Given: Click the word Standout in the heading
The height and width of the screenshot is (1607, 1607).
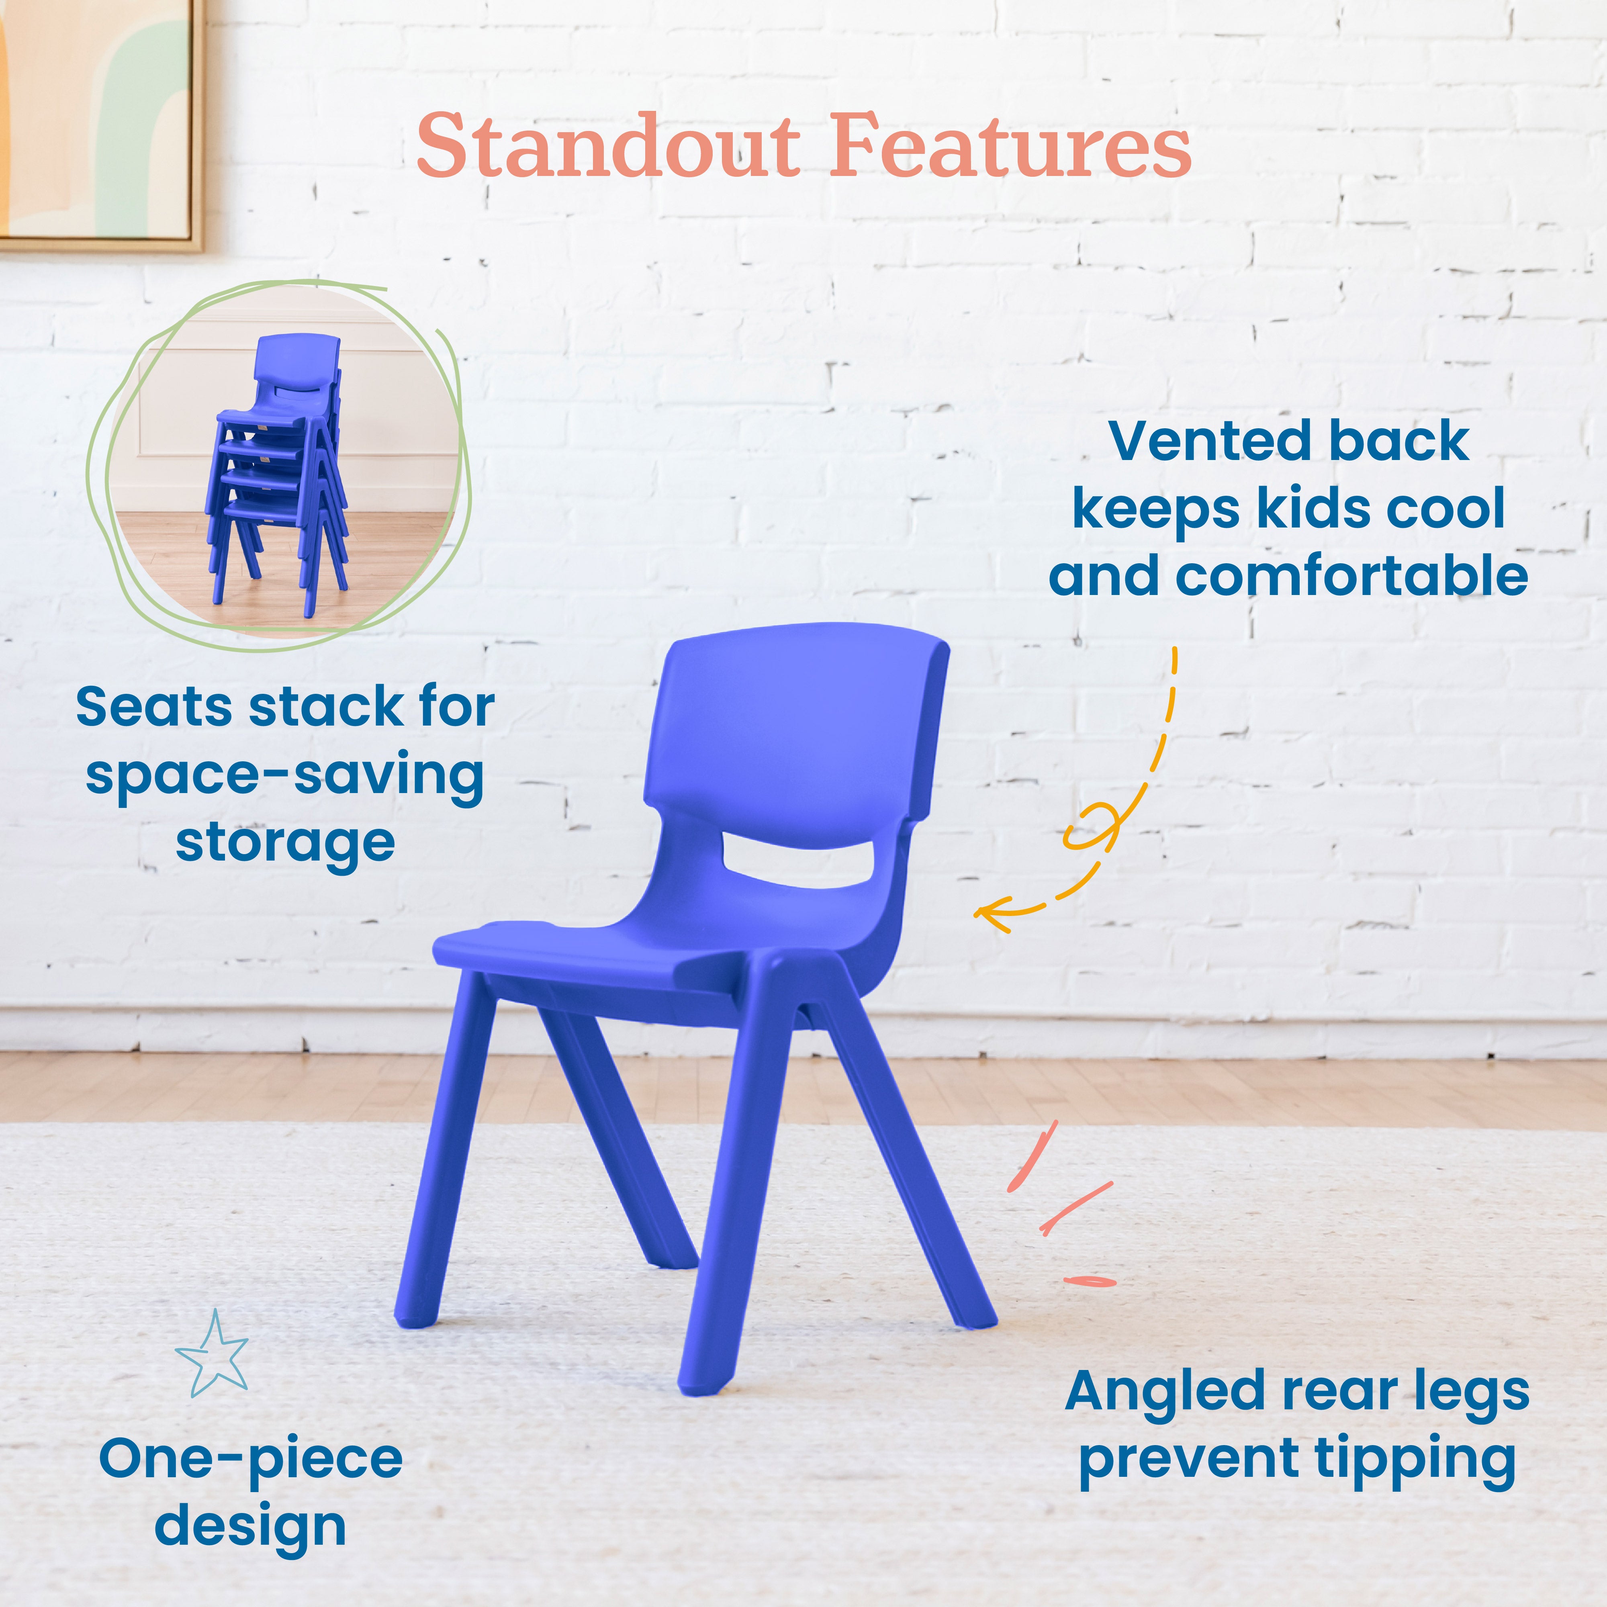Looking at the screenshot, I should click(x=607, y=146).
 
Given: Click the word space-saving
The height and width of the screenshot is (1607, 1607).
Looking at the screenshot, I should click(x=284, y=775).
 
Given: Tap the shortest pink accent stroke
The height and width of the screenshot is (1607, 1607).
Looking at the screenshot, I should click(x=1090, y=1281).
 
